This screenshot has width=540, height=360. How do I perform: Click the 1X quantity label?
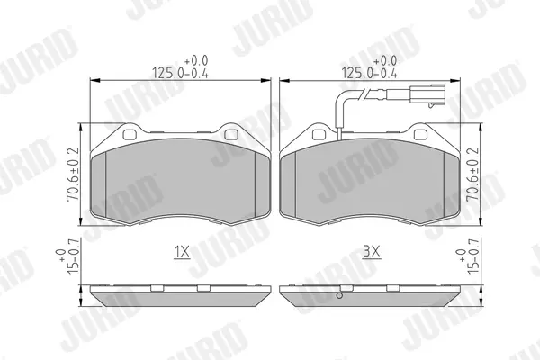tap(182, 253)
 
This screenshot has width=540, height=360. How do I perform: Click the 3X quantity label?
tap(372, 253)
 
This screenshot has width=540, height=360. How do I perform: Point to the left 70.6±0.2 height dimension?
tap(73, 175)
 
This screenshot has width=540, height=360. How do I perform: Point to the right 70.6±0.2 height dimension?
tap(472, 175)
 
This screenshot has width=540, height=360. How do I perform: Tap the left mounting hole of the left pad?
tap(130, 135)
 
